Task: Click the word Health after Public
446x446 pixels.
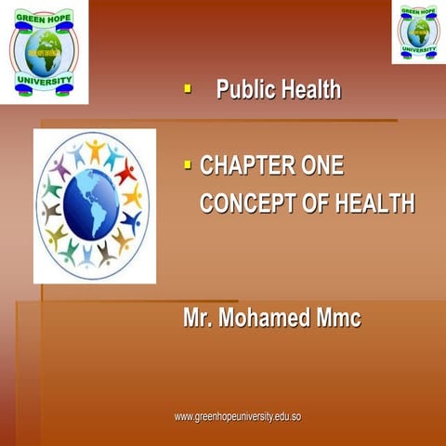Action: point(309,91)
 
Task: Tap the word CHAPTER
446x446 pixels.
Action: point(247,167)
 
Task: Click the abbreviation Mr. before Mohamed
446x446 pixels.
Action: point(200,319)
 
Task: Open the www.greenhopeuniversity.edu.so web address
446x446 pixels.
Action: point(238,416)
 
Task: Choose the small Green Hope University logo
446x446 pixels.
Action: point(418,33)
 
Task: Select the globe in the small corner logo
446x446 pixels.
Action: point(418,34)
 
